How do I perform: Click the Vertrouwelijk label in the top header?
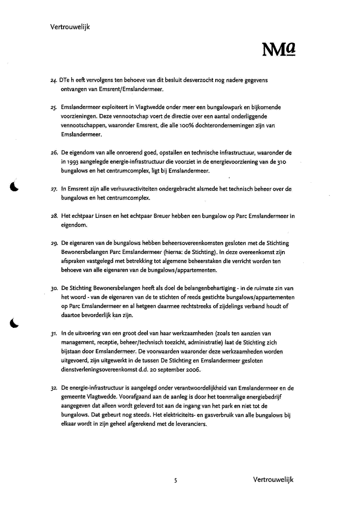[x=70, y=27]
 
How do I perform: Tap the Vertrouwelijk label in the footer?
[x=273, y=479]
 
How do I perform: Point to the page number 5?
[x=176, y=480]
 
